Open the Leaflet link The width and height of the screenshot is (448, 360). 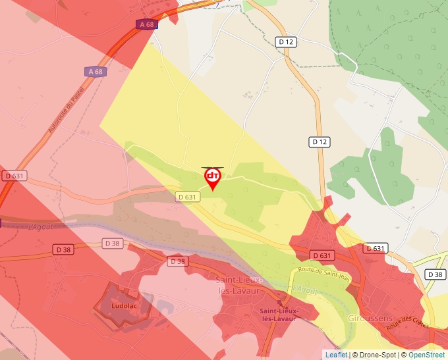pos(336,355)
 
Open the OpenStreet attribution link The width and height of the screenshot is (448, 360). pos(426,355)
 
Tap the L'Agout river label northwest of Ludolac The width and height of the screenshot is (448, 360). pos(40,227)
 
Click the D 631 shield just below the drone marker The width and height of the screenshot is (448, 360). pos(187,197)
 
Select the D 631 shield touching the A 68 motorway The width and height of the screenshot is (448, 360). pos(14,176)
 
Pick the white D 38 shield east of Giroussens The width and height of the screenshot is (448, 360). pos(435,274)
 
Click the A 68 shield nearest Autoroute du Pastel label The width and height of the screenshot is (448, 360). pos(95,71)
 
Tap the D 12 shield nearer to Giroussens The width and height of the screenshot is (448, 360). pos(320,141)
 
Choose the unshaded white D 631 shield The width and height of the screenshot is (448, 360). pos(374,248)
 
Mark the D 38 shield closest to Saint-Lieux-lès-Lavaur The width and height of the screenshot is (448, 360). pos(177,261)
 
